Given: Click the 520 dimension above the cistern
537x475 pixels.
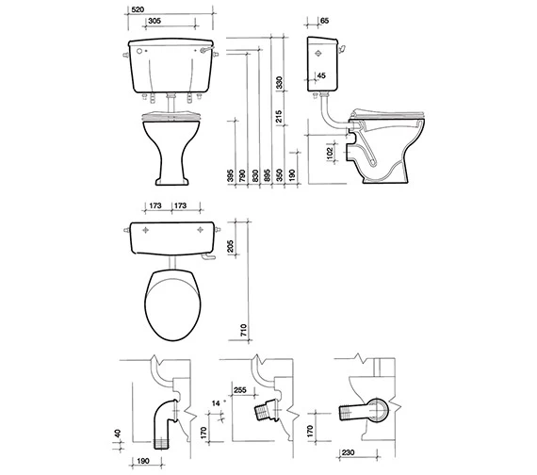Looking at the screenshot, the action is pyautogui.click(x=138, y=9).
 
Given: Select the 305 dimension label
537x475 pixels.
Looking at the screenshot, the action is pyautogui.click(x=155, y=21).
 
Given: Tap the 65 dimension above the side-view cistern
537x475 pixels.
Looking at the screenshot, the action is pyautogui.click(x=324, y=21).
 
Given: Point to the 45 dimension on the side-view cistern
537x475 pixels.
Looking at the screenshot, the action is pyautogui.click(x=321, y=75).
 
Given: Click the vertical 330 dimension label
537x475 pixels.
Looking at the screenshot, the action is pyautogui.click(x=280, y=83).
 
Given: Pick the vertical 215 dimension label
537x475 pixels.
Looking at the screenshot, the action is pyautogui.click(x=279, y=117).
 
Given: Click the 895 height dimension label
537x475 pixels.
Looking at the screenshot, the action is pyautogui.click(x=267, y=175).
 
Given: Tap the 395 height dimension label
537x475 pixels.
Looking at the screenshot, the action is pyautogui.click(x=230, y=175).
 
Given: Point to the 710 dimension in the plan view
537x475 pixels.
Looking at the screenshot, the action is pyautogui.click(x=243, y=330).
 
